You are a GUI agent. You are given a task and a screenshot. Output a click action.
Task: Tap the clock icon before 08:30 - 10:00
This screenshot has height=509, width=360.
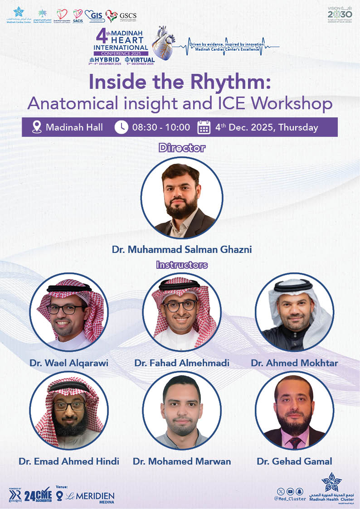[x=121, y=127]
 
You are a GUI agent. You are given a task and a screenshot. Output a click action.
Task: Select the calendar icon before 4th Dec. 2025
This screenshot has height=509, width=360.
[x=204, y=127]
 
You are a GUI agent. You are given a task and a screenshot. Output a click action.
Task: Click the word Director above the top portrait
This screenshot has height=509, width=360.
[x=182, y=148]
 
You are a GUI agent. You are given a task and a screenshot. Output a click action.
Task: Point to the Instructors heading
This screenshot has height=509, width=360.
[x=182, y=265]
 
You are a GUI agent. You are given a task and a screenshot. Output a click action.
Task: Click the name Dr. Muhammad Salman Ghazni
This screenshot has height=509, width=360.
[x=182, y=249]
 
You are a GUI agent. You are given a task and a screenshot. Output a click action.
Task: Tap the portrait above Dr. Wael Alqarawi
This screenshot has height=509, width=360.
[x=69, y=312]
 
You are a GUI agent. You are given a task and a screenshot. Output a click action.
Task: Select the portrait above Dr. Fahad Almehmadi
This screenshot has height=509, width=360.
[x=182, y=312]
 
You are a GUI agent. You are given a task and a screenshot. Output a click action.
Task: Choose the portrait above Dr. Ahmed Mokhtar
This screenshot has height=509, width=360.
[x=294, y=312]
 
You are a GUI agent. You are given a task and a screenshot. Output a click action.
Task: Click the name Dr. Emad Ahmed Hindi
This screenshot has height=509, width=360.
[x=69, y=461]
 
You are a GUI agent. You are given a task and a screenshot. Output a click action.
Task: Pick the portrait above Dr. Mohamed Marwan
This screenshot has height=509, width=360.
[x=182, y=411]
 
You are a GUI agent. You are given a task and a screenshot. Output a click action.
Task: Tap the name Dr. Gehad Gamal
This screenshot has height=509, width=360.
[x=294, y=461]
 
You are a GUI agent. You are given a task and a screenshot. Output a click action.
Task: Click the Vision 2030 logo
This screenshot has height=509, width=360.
[x=340, y=15]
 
